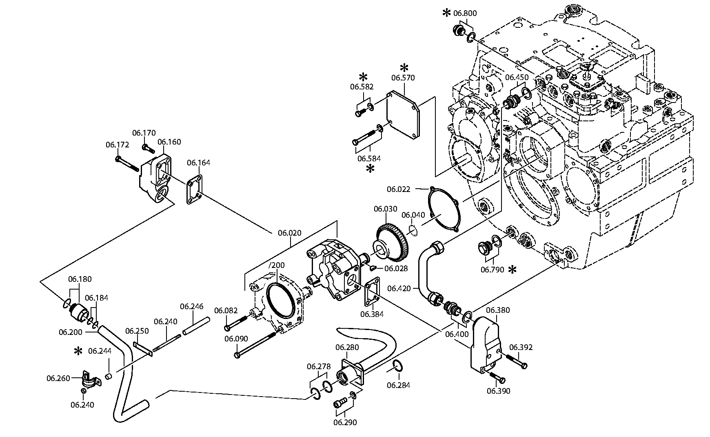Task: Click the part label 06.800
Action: click(x=465, y=13)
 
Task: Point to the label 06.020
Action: click(x=290, y=233)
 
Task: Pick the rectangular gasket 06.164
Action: click(x=195, y=190)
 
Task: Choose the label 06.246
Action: click(x=191, y=306)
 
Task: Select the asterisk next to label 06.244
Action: click(x=78, y=351)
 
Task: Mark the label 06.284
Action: click(x=399, y=385)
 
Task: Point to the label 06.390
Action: click(x=498, y=391)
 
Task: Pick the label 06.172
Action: click(x=117, y=145)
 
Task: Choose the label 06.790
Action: click(x=492, y=270)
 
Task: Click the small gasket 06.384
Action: click(x=372, y=292)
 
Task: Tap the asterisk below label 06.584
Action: click(x=370, y=169)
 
